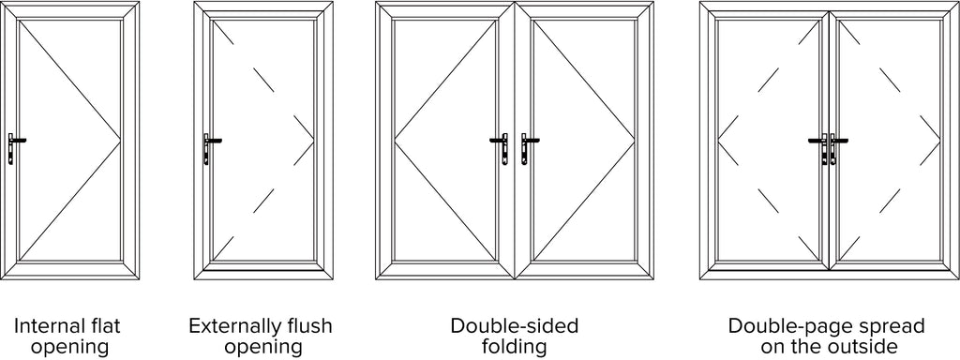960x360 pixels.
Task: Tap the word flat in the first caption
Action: tap(107, 325)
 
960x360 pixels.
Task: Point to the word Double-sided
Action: tap(515, 325)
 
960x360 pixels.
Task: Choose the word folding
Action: tap(515, 348)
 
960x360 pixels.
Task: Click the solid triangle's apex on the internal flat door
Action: tap(120, 141)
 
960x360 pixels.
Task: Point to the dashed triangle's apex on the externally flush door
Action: tap(313, 141)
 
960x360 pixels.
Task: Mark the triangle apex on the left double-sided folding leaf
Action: tap(395, 142)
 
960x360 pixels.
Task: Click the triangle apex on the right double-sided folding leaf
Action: tap(635, 142)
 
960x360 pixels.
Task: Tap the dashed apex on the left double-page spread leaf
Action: tap(717, 142)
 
